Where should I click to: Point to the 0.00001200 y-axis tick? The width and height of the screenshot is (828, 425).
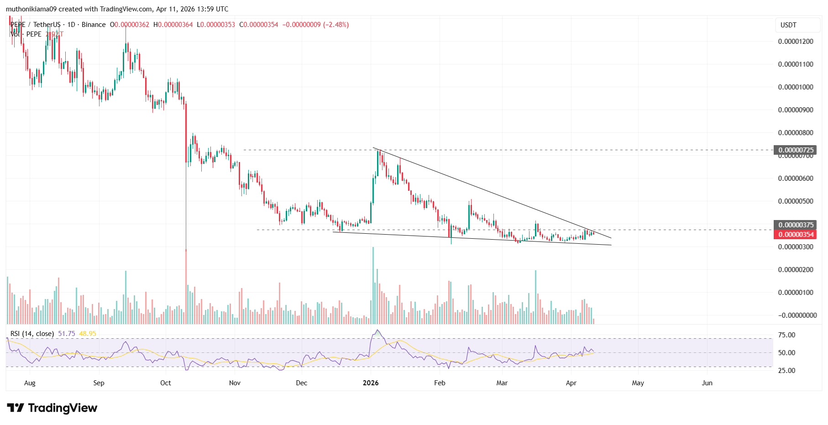tap(796, 42)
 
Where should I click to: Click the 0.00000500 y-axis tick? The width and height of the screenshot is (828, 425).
tap(796, 201)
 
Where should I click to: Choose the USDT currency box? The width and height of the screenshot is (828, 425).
tap(788, 25)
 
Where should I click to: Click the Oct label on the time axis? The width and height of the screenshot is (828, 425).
tap(166, 383)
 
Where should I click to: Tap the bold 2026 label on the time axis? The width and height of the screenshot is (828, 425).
tap(371, 383)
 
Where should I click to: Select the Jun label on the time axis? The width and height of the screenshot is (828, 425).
tap(707, 383)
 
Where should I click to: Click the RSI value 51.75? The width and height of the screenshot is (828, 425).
tap(67, 334)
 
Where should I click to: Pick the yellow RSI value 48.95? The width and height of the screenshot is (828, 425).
tap(88, 334)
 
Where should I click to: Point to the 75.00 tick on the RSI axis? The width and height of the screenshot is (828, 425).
tap(786, 335)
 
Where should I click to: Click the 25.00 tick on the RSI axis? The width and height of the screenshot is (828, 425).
tap(786, 371)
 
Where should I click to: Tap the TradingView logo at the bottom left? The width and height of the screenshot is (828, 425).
tap(52, 408)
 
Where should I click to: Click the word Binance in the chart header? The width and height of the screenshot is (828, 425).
tap(94, 25)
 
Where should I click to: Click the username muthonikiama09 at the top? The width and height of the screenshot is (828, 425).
tap(31, 9)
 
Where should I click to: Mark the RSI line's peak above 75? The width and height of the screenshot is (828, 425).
tap(377, 330)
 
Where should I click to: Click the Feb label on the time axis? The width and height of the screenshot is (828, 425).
tap(440, 383)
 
